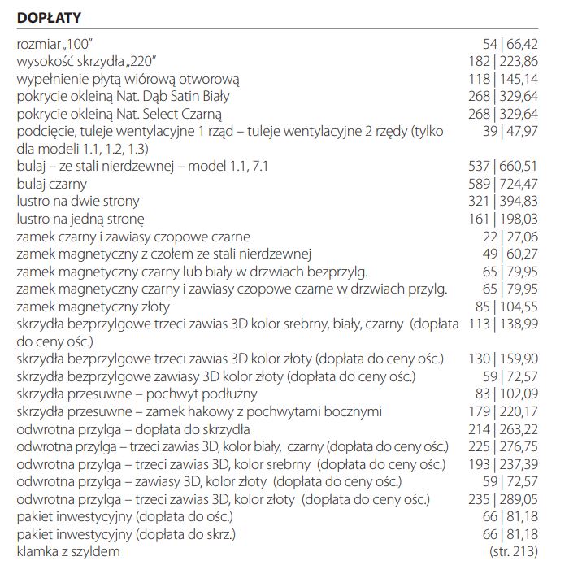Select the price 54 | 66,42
[x=510, y=43]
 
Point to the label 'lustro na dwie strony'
[x=77, y=201]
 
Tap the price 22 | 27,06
[x=510, y=237]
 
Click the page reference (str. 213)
[x=514, y=552]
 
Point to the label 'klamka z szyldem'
[x=68, y=552]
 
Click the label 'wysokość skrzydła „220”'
[x=86, y=61]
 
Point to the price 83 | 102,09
[x=506, y=394]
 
